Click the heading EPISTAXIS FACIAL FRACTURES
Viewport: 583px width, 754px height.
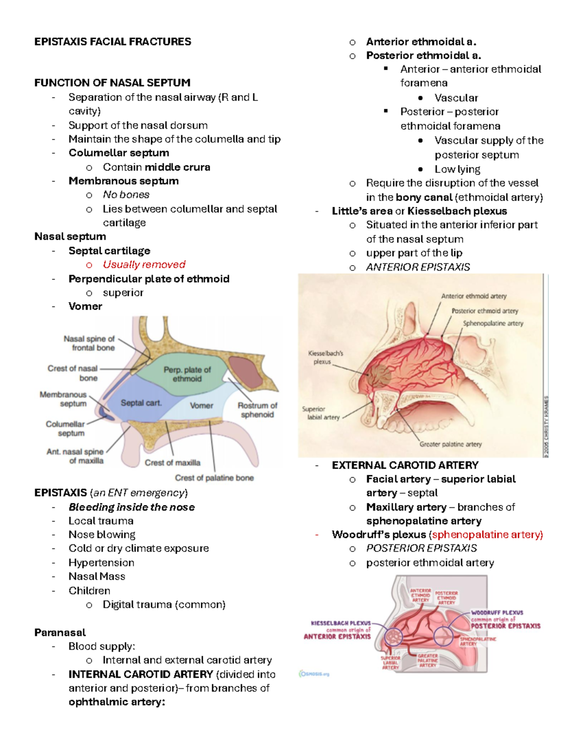point(113,42)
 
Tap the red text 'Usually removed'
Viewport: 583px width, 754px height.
point(144,265)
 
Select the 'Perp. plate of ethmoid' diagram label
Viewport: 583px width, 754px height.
point(187,374)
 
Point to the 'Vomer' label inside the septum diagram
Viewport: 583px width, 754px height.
point(201,405)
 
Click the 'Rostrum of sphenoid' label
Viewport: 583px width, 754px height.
point(257,410)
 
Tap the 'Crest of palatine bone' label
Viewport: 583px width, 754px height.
point(214,478)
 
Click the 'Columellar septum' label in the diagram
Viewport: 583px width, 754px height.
point(66,428)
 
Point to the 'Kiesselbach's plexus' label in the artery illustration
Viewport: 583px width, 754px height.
point(325,357)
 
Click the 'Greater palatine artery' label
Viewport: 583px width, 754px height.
point(450,444)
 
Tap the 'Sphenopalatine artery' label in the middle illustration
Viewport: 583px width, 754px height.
point(493,323)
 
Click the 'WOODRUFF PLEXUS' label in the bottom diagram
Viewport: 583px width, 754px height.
point(497,613)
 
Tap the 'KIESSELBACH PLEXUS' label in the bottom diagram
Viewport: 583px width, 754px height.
point(341,623)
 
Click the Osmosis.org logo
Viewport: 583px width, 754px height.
point(314,674)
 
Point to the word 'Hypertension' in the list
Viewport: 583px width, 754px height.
point(101,563)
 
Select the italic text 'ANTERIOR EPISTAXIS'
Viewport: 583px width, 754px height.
point(418,267)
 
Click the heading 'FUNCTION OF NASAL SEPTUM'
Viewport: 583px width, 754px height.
point(112,83)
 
